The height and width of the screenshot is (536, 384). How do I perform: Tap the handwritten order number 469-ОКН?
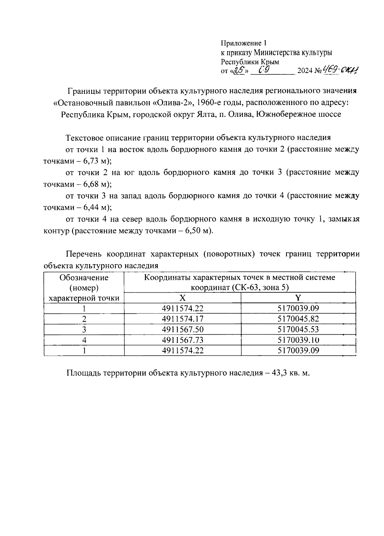click(x=340, y=70)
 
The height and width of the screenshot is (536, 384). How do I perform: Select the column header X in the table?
click(x=182, y=298)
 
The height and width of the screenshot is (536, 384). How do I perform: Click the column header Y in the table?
click(x=298, y=298)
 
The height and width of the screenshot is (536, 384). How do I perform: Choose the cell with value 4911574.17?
click(x=182, y=319)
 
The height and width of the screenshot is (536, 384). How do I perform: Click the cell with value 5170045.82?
click(x=298, y=319)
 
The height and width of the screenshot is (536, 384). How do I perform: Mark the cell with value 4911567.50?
click(x=182, y=329)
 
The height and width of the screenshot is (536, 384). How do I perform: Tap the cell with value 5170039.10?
click(x=298, y=340)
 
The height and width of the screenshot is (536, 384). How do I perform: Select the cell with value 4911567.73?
click(x=182, y=340)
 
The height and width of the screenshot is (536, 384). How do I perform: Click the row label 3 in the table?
click(x=84, y=329)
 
